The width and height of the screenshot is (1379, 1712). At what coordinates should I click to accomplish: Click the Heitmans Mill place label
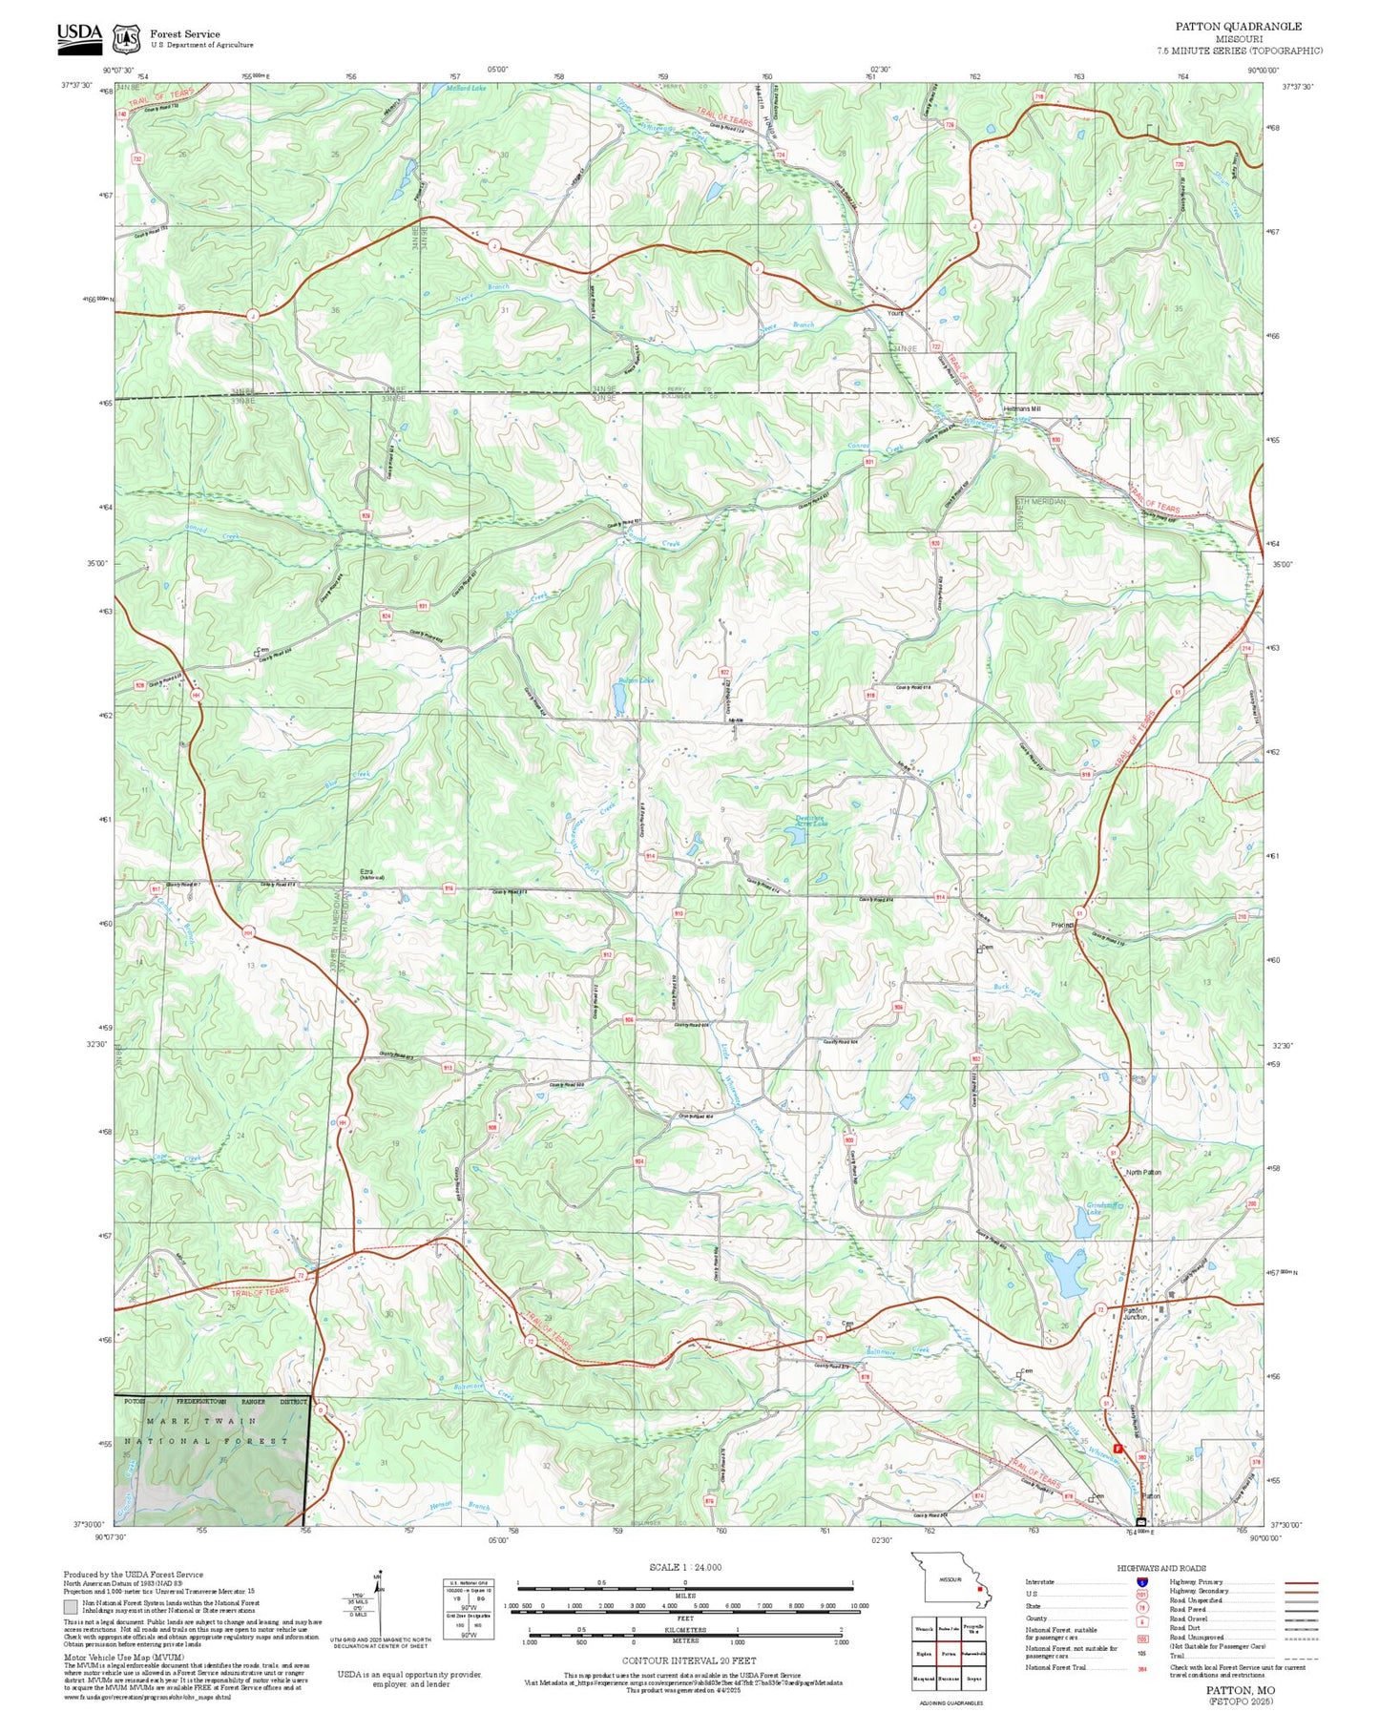coord(1021,409)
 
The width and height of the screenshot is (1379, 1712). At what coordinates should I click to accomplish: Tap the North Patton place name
coord(1143,1172)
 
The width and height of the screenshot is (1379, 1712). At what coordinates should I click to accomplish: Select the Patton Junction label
coord(1134,1313)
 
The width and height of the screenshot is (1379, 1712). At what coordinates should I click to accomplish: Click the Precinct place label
coord(1062,925)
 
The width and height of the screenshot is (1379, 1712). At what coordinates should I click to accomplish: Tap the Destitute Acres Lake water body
coord(793,837)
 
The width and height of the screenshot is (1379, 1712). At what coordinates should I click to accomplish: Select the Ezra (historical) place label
coord(371,873)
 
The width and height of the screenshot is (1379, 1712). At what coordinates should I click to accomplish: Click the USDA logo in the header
coord(79,34)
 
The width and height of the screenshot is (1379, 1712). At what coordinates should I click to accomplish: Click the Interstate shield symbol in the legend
coord(1141,1581)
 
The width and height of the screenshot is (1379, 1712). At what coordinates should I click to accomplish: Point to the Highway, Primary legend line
coord(1302,1582)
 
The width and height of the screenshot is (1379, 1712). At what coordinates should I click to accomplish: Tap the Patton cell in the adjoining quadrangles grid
coord(948,1654)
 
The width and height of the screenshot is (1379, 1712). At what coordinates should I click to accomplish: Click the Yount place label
coord(895,312)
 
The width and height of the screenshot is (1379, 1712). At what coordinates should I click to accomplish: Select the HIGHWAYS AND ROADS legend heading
coord(1161,1568)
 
